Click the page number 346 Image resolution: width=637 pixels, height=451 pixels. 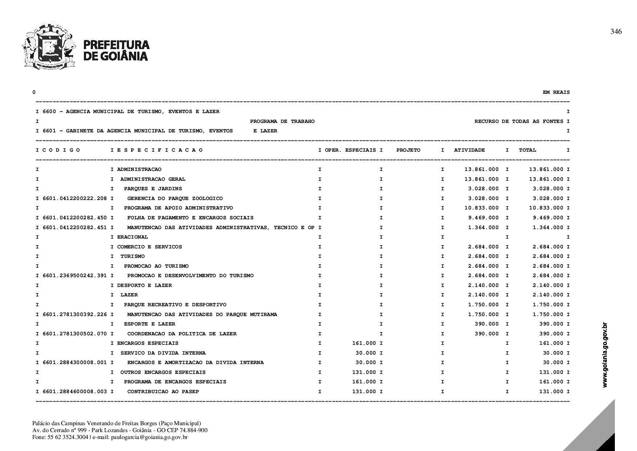coord(616,32)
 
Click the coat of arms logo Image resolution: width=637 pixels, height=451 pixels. coord(49,46)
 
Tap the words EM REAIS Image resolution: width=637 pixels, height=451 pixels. coord(556,92)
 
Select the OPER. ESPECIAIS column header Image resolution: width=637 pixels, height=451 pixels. coord(350,150)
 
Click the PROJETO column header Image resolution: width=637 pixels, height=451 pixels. coord(408,150)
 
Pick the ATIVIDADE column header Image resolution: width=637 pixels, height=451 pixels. coord(469,150)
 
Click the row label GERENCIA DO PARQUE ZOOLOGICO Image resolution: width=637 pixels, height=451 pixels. coord(175,199)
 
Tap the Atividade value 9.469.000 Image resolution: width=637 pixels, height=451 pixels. coord(483,218)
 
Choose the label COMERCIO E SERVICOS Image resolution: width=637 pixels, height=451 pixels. coord(149,247)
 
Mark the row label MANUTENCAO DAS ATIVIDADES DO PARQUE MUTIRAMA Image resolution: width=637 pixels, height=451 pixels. coord(202,315)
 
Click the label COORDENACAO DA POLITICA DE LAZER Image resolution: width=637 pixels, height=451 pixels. coord(182,334)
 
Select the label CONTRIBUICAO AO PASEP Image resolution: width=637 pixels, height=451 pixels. coord(163,392)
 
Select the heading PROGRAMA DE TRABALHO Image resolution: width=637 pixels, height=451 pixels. coord(282,121)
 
